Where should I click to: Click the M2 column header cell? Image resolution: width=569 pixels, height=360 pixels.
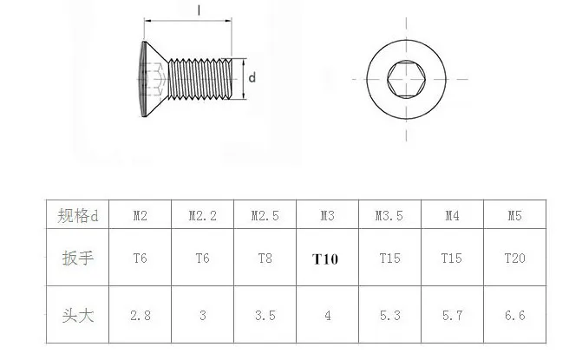point(139,215)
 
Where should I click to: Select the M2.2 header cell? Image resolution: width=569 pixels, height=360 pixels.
point(201,215)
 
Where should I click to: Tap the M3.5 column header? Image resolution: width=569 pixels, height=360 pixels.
point(388,215)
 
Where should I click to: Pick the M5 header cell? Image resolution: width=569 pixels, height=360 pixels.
point(516,215)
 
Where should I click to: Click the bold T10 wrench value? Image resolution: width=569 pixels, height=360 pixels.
point(325,259)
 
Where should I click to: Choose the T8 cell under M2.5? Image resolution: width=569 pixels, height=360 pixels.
point(264,259)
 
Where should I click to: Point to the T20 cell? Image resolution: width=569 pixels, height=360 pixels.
point(516,259)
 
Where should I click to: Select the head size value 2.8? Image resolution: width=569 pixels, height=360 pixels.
point(139,316)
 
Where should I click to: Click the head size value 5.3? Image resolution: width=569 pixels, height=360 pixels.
point(388,316)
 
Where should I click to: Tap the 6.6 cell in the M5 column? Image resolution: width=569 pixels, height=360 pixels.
point(516,316)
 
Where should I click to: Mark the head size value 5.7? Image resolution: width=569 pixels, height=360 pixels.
point(451,316)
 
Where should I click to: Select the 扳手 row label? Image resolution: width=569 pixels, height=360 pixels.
point(75,259)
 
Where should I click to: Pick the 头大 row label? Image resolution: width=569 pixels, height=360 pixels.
point(75,316)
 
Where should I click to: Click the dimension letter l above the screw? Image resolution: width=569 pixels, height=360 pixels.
point(199,10)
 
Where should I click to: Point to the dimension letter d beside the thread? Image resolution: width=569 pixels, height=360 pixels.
point(252,78)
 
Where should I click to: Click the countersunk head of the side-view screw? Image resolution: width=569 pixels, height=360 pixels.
point(153,79)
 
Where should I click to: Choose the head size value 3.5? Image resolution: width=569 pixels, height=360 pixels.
point(264,316)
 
